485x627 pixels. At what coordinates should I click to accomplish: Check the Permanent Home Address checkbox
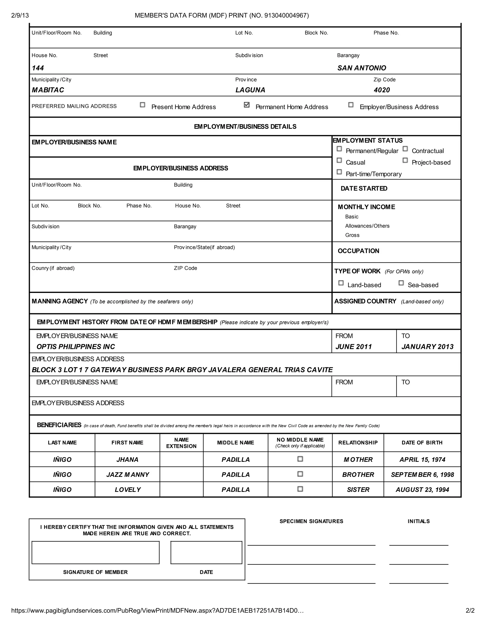247,105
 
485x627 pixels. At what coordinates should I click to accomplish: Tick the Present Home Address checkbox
143,105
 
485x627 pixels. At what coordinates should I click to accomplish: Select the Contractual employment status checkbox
405,149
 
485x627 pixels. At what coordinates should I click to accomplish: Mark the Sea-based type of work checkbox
401,283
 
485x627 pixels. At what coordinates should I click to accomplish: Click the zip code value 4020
382,90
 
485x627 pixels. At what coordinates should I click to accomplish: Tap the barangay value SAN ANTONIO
361,68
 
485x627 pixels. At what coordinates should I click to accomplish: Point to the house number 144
38,68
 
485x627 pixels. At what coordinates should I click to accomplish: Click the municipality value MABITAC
48,90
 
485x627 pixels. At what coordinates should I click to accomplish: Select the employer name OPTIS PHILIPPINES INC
76,347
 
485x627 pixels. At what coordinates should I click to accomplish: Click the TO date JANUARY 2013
427,347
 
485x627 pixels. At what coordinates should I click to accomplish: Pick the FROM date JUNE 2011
353,347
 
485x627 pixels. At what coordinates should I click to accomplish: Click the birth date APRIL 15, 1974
422,460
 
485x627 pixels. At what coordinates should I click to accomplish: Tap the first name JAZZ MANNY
128,475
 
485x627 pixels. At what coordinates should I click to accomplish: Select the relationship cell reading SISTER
358,490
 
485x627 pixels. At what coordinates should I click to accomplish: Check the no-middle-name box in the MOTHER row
300,459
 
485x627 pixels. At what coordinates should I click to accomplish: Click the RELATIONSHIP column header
358,442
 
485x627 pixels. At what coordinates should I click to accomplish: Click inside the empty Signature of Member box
95,552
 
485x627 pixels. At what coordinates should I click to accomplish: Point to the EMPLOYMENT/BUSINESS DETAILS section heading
245,127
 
